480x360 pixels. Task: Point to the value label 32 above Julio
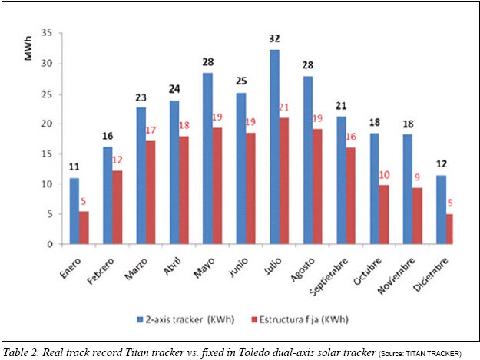click(253, 38)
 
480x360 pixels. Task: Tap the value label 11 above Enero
click(74, 167)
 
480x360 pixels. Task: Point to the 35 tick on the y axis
click(47, 33)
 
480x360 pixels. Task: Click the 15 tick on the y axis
click(47, 154)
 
